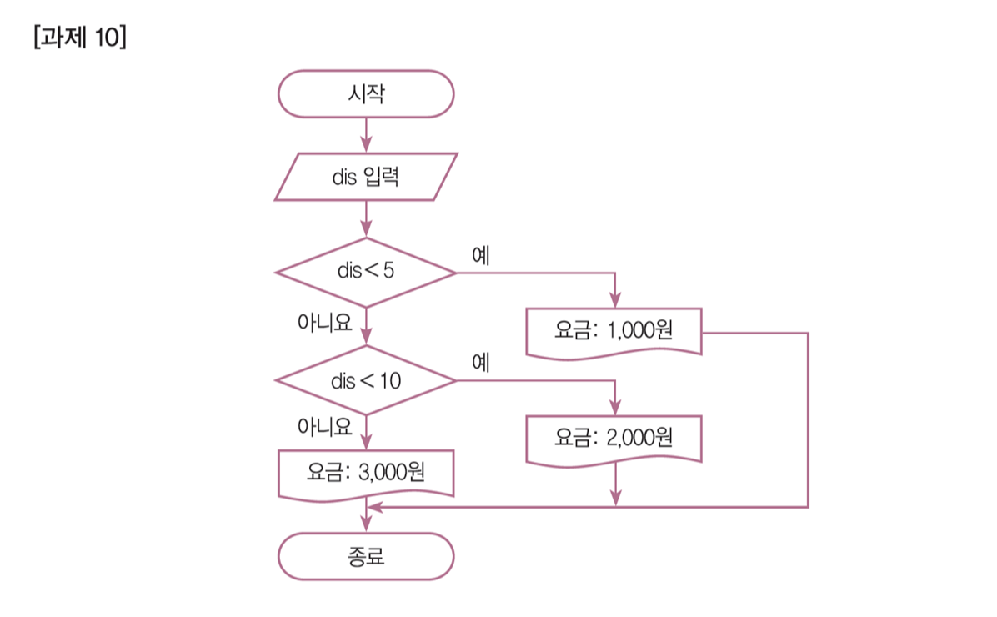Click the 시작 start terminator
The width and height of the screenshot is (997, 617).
pos(366,93)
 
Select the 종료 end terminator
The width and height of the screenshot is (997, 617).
pos(366,556)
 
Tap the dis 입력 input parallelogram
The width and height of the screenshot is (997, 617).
pos(366,177)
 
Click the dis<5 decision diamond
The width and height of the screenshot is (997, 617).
pos(366,273)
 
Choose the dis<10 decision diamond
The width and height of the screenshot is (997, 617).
pos(366,381)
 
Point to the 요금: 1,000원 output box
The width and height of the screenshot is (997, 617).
pos(614,330)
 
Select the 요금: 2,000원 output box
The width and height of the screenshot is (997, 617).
pos(614,438)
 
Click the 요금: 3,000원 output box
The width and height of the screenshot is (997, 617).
pos(366,474)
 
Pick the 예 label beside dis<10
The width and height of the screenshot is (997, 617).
pos(480,363)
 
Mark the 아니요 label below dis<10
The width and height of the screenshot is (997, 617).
pos(324,427)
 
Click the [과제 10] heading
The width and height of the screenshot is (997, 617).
pos(80,39)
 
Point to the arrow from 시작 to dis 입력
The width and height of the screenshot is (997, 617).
pos(366,133)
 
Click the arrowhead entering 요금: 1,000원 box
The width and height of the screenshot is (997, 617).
pos(614,302)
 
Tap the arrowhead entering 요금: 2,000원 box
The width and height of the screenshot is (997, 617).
pos(614,409)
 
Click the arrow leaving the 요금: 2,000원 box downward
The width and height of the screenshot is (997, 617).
pos(614,484)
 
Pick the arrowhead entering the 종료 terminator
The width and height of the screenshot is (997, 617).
pos(366,525)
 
